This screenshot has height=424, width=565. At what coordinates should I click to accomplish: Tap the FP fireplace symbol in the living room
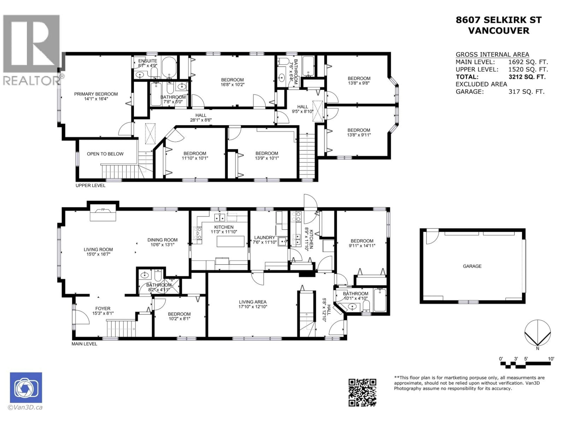coord(103,210)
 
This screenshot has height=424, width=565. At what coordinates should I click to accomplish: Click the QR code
coord(362,392)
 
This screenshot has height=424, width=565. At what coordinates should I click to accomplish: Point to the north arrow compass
coord(537,333)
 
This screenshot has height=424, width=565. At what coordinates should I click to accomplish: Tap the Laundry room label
coord(264,237)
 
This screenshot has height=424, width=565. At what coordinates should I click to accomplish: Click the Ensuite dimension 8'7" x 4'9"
coord(148,65)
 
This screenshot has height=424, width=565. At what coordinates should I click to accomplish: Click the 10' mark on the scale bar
coord(551,359)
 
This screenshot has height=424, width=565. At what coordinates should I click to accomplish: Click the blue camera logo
coord(26,387)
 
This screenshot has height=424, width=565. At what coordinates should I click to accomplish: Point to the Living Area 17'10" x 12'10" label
coord(253,304)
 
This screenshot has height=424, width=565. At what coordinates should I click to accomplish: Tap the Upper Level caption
coord(90,185)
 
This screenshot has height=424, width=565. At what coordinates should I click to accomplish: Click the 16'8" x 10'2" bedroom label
coord(232,82)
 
